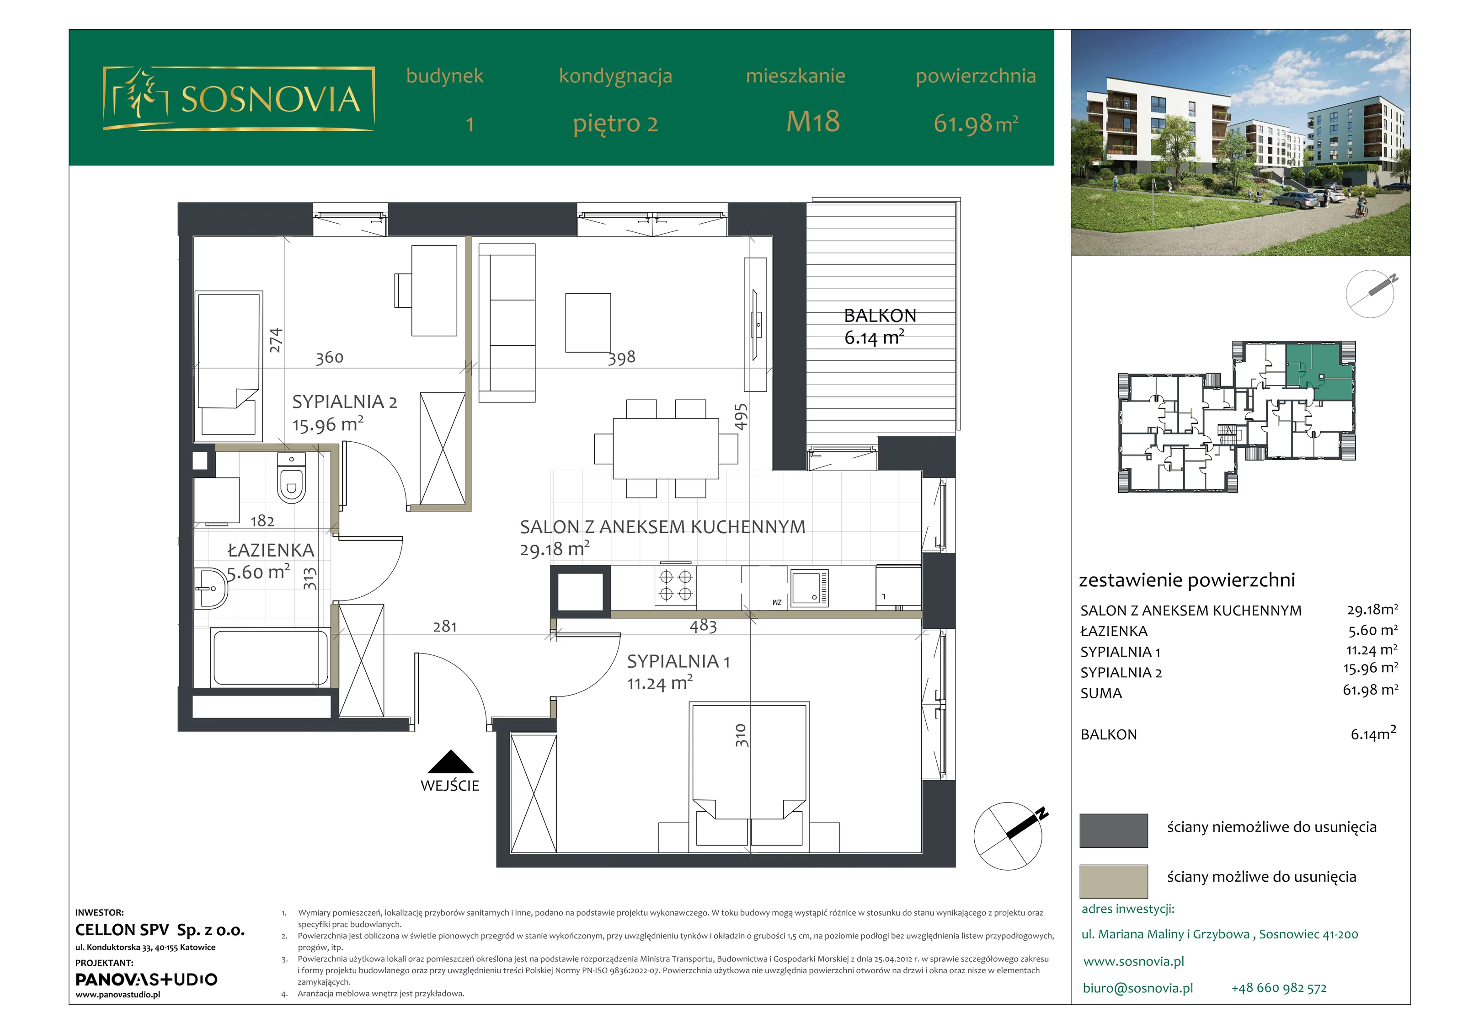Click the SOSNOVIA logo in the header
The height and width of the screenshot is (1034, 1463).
coord(238,99)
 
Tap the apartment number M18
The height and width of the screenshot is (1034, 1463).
coord(813,122)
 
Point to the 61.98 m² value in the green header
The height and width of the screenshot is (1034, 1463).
coord(976,123)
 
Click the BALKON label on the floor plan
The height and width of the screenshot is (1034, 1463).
coord(880,316)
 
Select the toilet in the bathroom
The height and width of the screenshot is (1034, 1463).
coord(292,478)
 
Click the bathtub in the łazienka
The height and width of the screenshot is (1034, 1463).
coord(271,657)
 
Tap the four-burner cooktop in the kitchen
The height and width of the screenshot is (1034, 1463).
coord(675,585)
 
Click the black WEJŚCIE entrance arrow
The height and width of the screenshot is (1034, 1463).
coord(450,762)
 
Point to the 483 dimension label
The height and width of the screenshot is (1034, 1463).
coord(704,626)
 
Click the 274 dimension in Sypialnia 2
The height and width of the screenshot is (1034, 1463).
coord(275,340)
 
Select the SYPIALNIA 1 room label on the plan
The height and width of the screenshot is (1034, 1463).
coord(678,662)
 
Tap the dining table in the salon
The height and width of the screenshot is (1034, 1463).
coord(666,448)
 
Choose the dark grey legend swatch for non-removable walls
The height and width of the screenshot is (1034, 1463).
coord(1114,830)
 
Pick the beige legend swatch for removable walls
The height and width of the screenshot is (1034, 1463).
coord(1114,882)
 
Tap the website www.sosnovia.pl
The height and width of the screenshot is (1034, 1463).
coord(1133,962)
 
